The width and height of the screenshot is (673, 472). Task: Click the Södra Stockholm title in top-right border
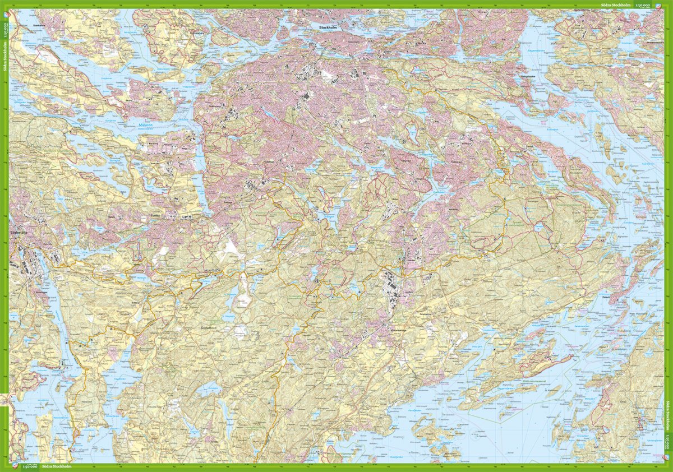point(616,4)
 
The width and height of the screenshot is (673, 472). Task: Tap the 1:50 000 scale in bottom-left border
point(30,467)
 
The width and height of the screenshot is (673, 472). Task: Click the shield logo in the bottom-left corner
point(15,467)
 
